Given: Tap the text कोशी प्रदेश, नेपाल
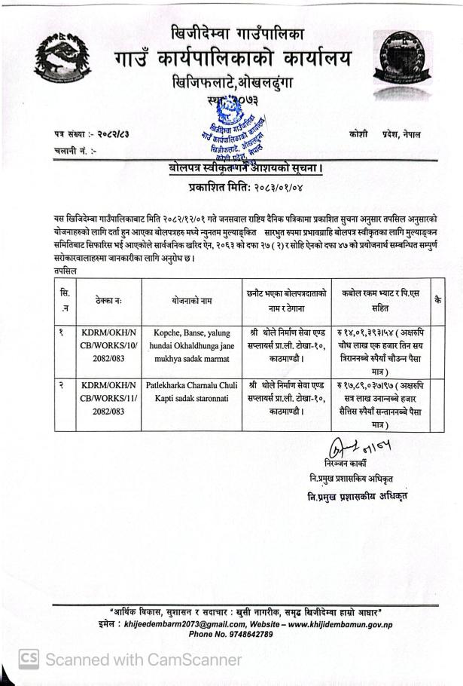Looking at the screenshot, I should click(x=385, y=133).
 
